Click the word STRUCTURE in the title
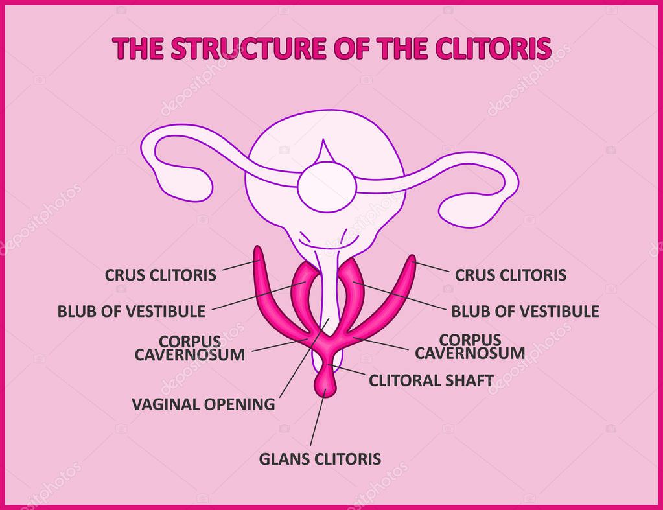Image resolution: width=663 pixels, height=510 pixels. click(x=249, y=48)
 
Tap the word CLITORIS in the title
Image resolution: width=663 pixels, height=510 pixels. click(x=493, y=48)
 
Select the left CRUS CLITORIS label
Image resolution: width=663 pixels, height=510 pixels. click(x=161, y=275)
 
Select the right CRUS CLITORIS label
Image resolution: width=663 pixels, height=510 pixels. click(x=510, y=275)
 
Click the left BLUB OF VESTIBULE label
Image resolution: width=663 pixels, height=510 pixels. click(x=132, y=312)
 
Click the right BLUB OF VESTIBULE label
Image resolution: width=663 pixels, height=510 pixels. click(x=525, y=312)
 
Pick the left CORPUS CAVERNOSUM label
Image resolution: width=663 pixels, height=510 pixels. click(x=190, y=348)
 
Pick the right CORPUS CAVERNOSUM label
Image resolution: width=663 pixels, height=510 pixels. click(x=470, y=346)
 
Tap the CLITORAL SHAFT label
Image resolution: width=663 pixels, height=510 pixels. click(x=431, y=380)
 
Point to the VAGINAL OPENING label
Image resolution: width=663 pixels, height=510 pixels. click(x=204, y=404)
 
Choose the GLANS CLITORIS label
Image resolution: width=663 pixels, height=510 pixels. click(x=320, y=459)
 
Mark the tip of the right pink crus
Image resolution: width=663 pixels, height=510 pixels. click(x=412, y=257)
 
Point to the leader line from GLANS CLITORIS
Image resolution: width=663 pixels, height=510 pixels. click(x=318, y=417)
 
